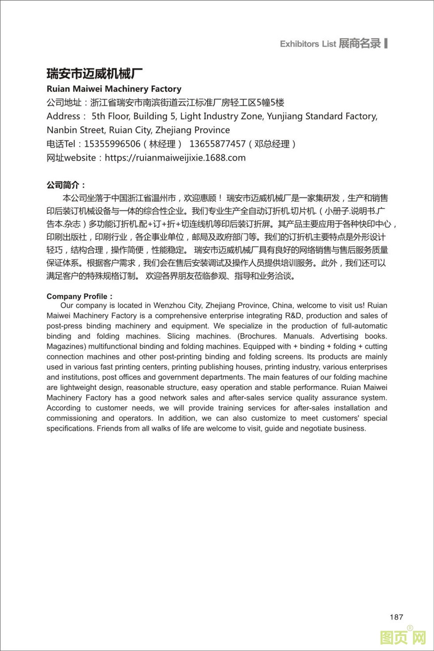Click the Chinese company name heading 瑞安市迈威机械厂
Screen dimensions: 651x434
tap(95, 73)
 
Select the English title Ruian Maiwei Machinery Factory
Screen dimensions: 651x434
tap(114, 89)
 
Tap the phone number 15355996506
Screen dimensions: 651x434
tap(112, 144)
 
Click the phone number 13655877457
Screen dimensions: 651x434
tap(217, 144)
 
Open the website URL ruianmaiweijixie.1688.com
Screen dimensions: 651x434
tap(175, 158)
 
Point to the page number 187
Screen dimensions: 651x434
tap(396, 617)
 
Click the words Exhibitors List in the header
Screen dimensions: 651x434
tap(308, 44)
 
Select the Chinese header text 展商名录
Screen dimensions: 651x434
tap(360, 43)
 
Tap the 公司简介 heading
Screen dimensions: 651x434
tap(66, 185)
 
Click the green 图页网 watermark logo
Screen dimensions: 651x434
tap(403, 637)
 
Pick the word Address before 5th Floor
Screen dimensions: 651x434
tap(63, 116)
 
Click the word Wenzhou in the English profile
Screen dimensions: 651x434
tap(170, 305)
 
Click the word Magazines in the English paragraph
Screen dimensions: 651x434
tap(66, 347)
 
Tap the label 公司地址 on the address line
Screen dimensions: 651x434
tap(64, 103)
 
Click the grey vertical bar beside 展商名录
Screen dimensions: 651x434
tap(386, 43)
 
